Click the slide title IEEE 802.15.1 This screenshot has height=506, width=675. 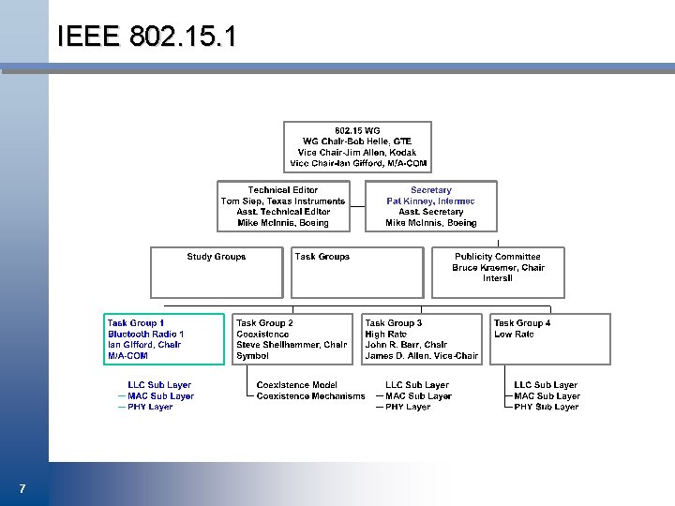pos(147,37)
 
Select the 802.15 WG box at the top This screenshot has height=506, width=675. pos(358,147)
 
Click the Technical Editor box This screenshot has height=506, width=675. pos(282,206)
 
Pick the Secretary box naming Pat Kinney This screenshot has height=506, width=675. pos(430,206)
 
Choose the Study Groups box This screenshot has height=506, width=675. pos(217,272)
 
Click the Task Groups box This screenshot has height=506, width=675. pos(357,272)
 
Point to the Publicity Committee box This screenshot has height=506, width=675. pos(497,272)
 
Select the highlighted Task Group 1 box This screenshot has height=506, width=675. pos(164,339)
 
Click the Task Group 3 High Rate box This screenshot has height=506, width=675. pos(422,339)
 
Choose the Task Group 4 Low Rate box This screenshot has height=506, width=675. pos(550,339)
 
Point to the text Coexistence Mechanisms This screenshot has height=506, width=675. pos(310,396)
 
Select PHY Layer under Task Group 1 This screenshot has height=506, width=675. pos(150,408)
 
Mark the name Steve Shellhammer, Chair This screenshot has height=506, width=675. pos(292,345)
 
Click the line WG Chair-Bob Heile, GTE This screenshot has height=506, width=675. pos(357,141)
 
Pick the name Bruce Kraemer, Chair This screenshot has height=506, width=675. pos(498,268)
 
